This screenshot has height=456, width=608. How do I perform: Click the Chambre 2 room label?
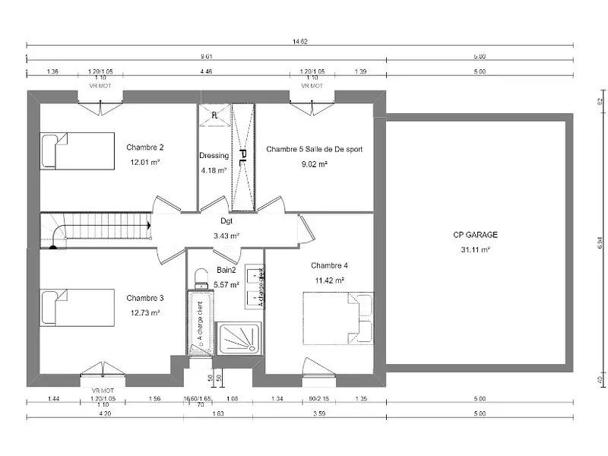pyautogui.click(x=145, y=147)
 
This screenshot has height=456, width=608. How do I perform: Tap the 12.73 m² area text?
pyautogui.click(x=145, y=312)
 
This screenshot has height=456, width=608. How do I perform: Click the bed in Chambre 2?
pyautogui.click(x=77, y=151)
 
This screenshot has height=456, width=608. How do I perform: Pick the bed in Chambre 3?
pyautogui.click(x=77, y=307)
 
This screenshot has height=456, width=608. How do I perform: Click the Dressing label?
pyautogui.click(x=214, y=156)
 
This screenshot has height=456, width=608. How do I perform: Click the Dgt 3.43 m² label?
pyautogui.click(x=226, y=228)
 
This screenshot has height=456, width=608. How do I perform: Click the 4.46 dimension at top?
pyautogui.click(x=205, y=71)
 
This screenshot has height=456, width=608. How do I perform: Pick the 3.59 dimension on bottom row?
pyautogui.click(x=319, y=414)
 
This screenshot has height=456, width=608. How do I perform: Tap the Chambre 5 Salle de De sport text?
pyautogui.click(x=314, y=150)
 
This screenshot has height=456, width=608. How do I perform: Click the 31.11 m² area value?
pyautogui.click(x=476, y=249)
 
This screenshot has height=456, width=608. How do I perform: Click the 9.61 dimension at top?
pyautogui.click(x=205, y=57)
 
